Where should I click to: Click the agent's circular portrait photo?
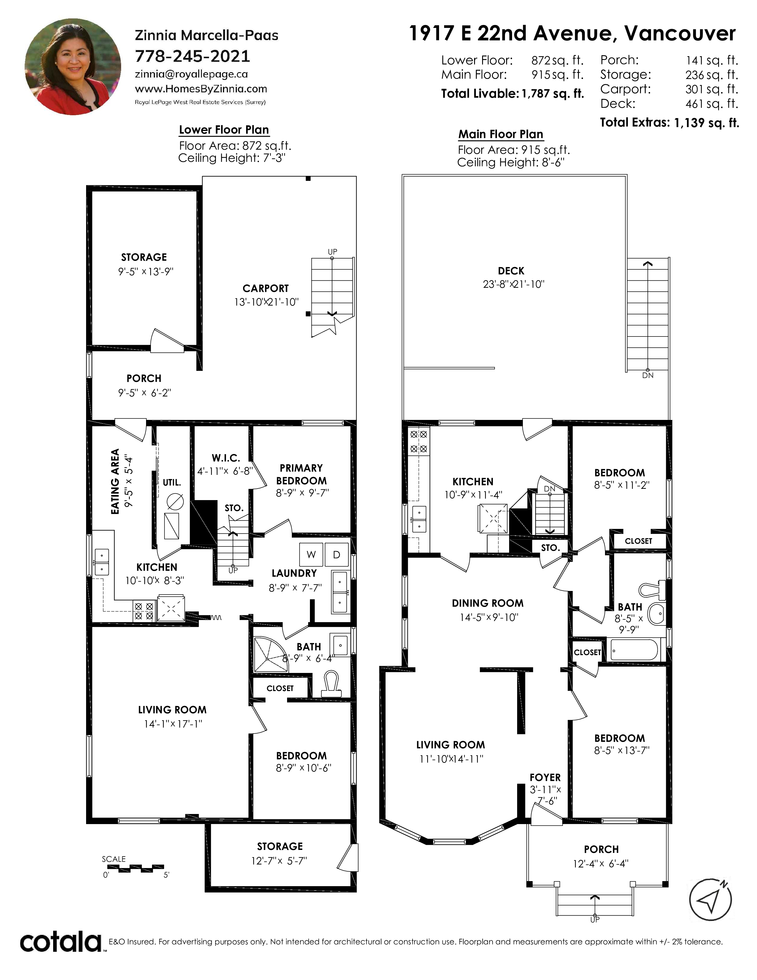click(x=73, y=67)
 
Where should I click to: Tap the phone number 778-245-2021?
click(x=192, y=56)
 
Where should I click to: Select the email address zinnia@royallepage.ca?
click(x=191, y=74)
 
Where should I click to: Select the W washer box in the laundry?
click(x=311, y=555)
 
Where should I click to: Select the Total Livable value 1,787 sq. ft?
click(x=552, y=94)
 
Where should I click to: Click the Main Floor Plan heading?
click(x=501, y=134)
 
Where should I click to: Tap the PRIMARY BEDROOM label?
click(x=301, y=474)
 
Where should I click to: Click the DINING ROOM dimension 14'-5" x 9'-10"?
click(x=489, y=617)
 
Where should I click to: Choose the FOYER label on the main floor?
click(x=545, y=777)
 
